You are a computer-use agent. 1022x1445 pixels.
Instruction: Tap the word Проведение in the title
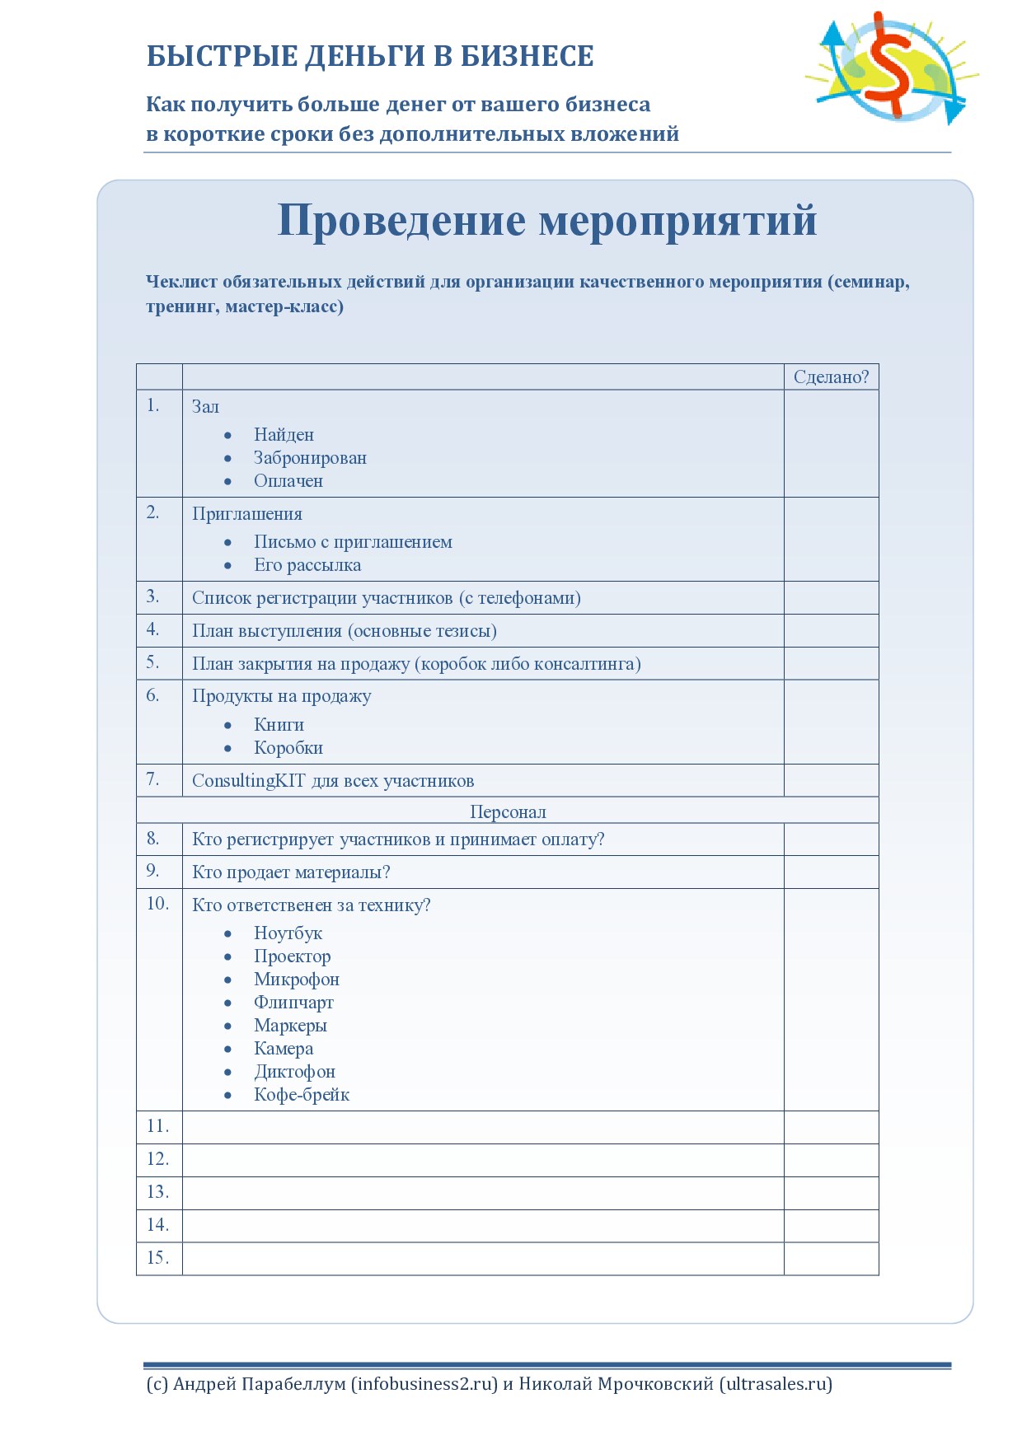[401, 220]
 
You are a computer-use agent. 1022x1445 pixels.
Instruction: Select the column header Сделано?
[831, 376]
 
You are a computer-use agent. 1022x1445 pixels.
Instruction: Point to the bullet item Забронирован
[310, 457]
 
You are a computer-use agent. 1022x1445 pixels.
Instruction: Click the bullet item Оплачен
[288, 480]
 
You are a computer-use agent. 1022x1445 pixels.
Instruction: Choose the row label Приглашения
[247, 513]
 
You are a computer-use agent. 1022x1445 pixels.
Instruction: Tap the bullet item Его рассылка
[307, 564]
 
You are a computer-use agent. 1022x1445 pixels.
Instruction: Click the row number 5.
[153, 662]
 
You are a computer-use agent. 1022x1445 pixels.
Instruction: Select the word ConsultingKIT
[248, 780]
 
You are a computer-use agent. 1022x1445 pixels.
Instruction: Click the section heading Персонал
[508, 811]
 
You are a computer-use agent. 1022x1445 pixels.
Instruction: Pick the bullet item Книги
[279, 724]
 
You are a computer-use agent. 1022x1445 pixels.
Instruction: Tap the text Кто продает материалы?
[291, 872]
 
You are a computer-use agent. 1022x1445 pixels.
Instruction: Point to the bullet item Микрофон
[297, 979]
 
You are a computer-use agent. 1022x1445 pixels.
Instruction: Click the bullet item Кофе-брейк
[302, 1094]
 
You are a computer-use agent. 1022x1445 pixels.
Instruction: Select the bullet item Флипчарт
[293, 1002]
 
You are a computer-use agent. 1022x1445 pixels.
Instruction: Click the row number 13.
[157, 1192]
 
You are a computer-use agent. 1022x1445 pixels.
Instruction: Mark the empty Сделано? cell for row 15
[831, 1258]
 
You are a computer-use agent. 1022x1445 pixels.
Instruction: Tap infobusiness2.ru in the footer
[425, 1383]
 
